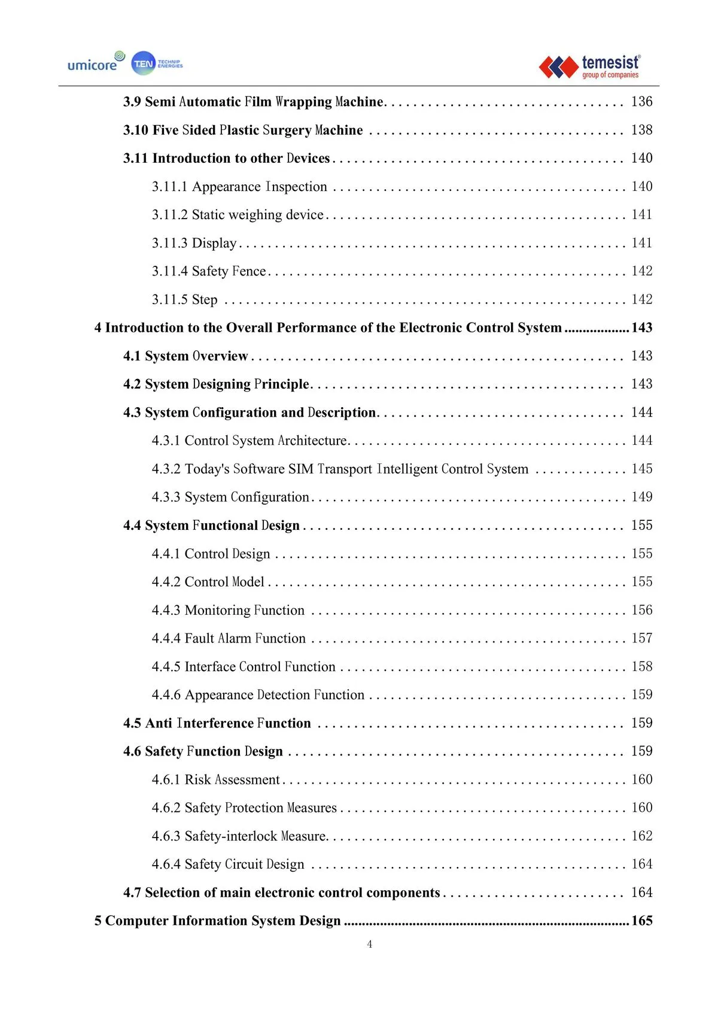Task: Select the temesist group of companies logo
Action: coord(590,66)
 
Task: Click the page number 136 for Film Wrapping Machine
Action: coord(641,102)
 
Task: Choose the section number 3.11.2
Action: coord(169,215)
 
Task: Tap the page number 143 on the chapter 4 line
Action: coord(641,327)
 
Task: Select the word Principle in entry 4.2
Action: coord(282,384)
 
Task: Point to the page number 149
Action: coord(641,497)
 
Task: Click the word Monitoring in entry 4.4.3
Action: coord(217,610)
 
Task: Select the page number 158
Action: coord(641,666)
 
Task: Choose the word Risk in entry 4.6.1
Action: coord(197,780)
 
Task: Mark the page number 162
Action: coord(641,836)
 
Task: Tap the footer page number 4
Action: coord(370,944)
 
